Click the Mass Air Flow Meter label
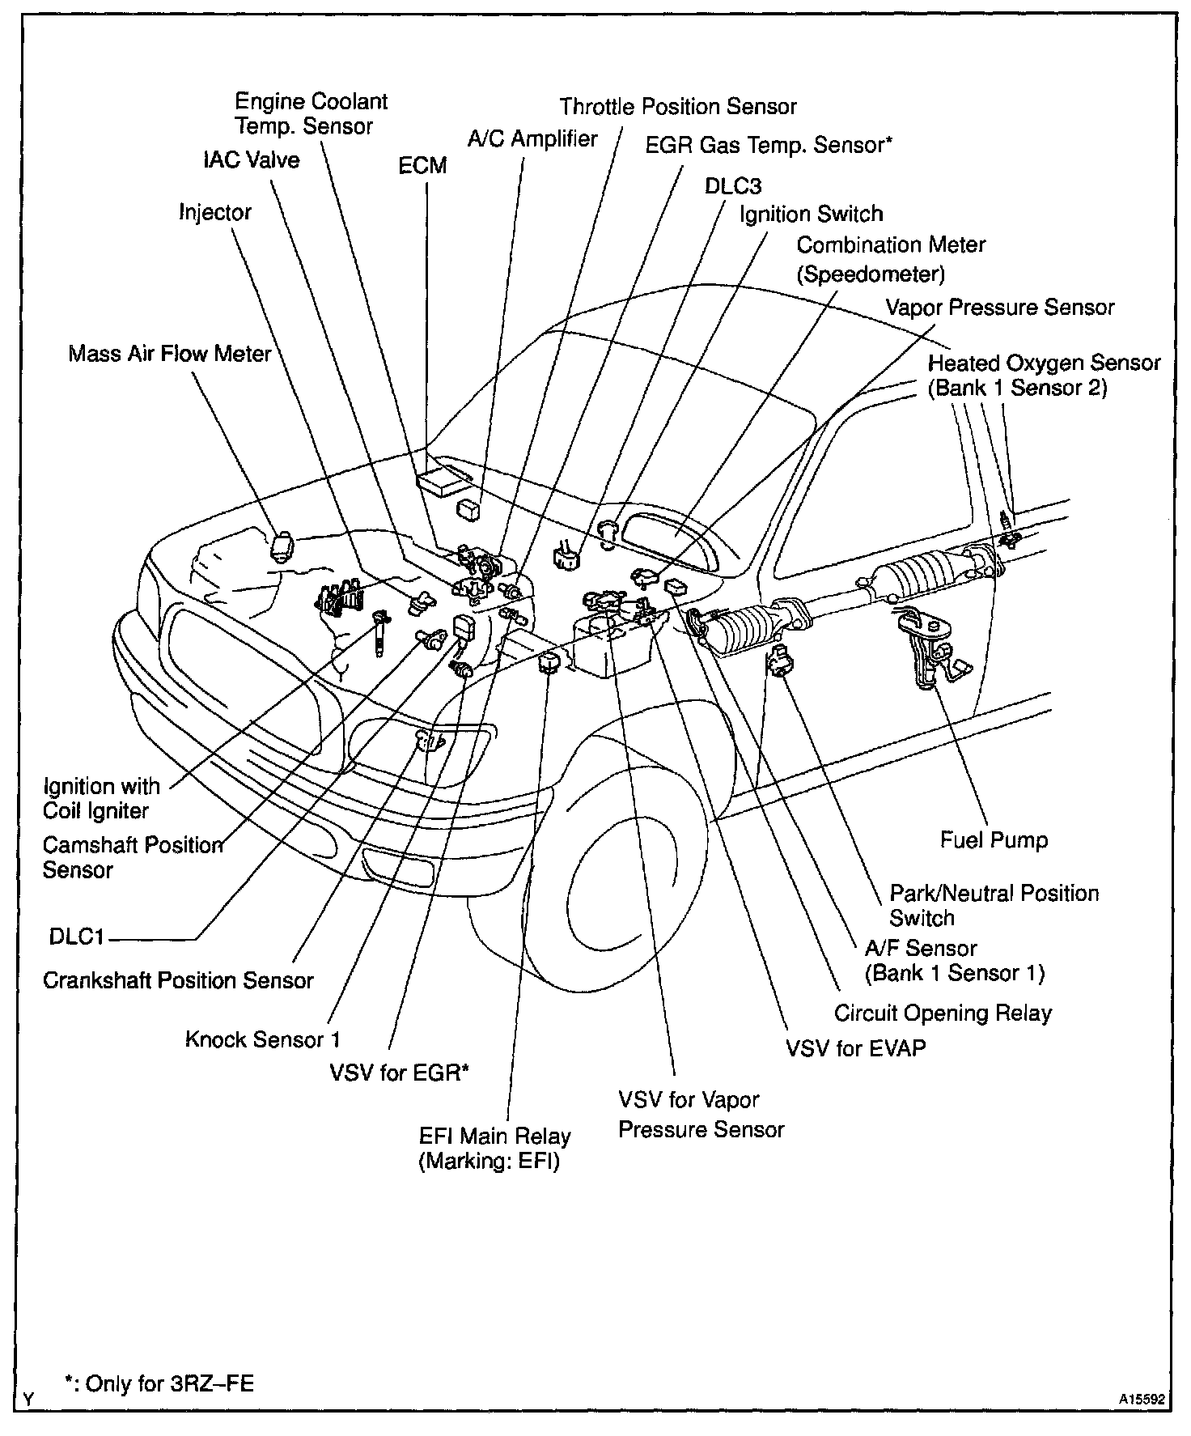(x=169, y=355)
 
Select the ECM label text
(x=422, y=166)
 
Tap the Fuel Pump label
(x=994, y=840)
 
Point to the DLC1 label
(x=77, y=937)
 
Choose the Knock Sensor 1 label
(x=263, y=1039)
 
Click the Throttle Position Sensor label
(x=678, y=107)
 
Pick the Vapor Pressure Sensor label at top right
(x=1000, y=308)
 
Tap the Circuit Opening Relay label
(x=943, y=1013)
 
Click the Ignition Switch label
(x=812, y=215)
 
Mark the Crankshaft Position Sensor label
(x=178, y=981)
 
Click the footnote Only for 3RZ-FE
(x=159, y=1383)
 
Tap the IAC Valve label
(x=251, y=160)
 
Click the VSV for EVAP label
(x=856, y=1048)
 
